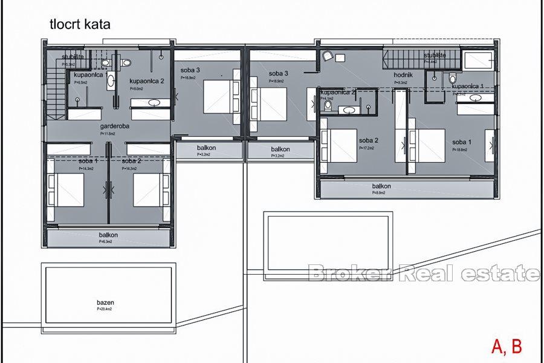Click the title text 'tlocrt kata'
[80, 25]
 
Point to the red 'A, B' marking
[506, 347]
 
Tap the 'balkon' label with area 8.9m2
[381, 187]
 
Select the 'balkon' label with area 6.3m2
[108, 235]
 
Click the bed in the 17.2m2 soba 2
[342, 145]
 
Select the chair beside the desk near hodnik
[327, 56]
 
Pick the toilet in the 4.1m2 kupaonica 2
[328, 105]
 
